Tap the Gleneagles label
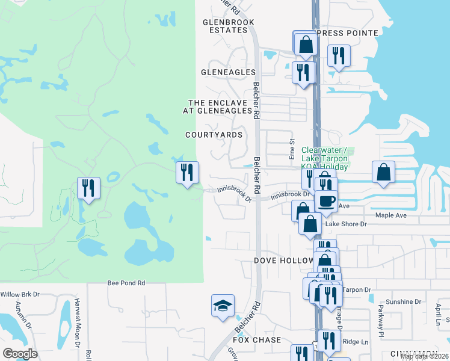point(224,71)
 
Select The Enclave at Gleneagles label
point(217,106)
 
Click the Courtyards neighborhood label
point(214,135)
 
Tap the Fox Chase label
point(257,340)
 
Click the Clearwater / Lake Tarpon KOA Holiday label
point(325,158)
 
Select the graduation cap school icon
point(222,306)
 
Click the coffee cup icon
point(327,202)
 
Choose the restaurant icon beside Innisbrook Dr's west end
point(187,172)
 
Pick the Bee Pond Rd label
point(126,282)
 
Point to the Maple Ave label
point(392,215)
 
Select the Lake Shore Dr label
point(346,224)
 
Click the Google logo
point(20,354)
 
